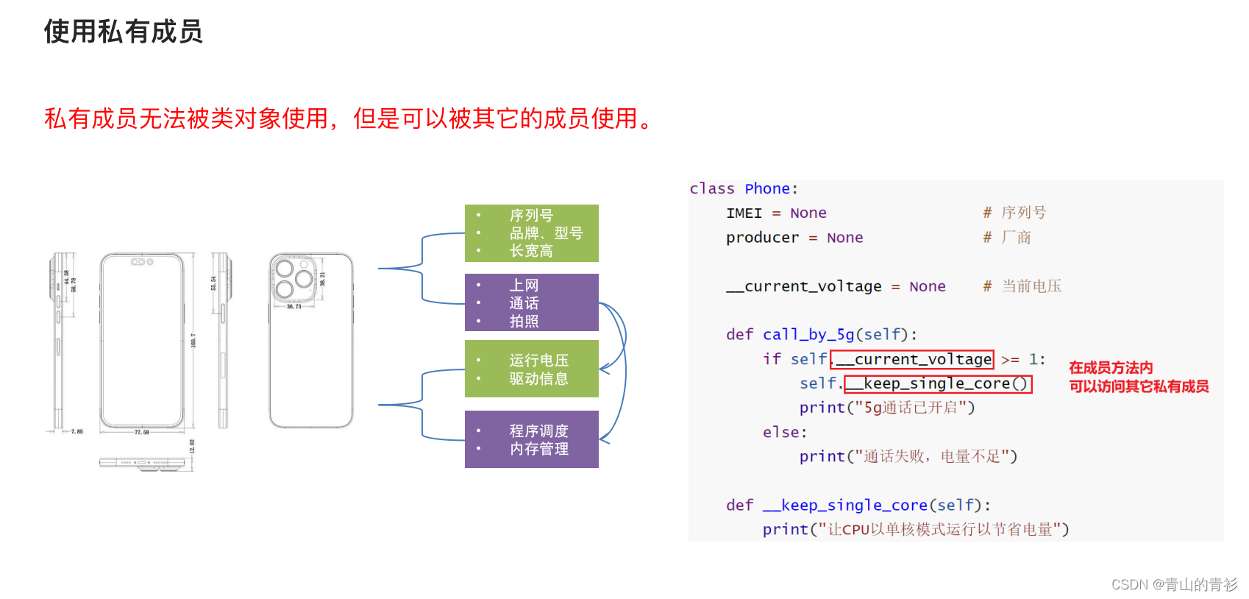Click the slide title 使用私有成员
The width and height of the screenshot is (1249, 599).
123,32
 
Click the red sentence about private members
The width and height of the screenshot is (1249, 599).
348,118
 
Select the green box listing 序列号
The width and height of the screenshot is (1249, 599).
531,233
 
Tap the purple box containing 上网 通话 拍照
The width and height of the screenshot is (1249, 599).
531,302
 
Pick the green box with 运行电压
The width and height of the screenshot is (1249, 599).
531,369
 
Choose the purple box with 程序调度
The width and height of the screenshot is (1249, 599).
531,439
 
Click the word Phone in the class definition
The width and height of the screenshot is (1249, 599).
767,189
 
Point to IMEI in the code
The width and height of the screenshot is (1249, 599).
744,213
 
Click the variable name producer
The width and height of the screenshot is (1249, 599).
762,238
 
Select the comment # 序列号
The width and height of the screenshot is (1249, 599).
1014,213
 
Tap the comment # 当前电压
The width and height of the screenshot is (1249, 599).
1022,286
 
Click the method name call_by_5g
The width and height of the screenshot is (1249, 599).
808,335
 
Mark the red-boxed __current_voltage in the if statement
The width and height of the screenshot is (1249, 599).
912,359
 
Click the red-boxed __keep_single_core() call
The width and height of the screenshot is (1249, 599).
937,383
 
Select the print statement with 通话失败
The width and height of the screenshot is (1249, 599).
908,457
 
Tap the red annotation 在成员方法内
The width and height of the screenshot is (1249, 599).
1110,368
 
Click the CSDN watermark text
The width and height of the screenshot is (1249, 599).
1174,584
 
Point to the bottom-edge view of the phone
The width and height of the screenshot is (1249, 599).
142,463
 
